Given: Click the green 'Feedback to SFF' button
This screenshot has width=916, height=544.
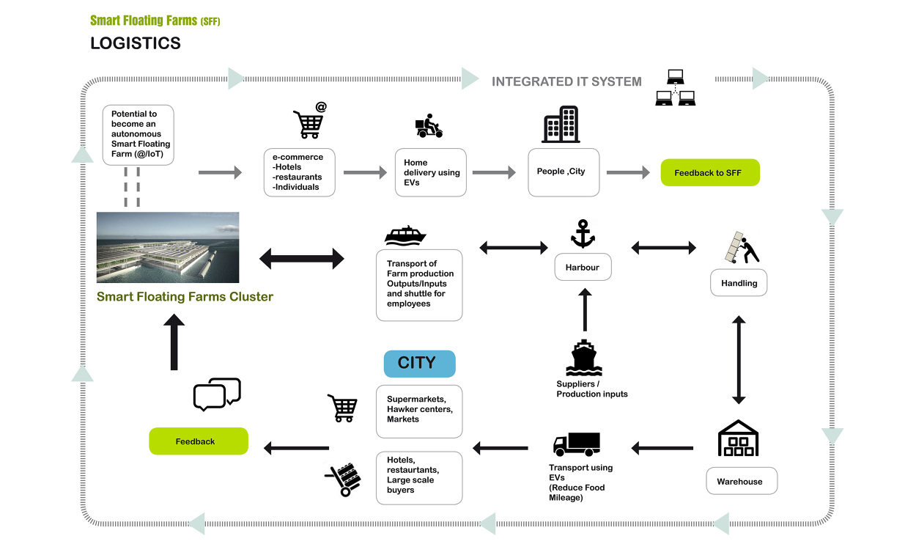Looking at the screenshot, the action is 710,172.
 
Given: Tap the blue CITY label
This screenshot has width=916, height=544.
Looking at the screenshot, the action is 420,364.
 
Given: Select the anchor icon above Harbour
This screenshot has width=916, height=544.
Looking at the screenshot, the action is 583,234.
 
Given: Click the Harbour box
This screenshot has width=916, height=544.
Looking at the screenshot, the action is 583,267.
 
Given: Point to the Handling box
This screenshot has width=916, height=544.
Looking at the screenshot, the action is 739,283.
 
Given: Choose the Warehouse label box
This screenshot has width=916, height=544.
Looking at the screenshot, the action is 742,481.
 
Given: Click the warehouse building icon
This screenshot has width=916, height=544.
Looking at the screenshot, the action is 738,438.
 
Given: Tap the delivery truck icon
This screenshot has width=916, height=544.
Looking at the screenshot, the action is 577,444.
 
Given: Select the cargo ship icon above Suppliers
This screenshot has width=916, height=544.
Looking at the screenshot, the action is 584,358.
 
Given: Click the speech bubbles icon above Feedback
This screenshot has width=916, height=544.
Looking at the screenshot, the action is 217,394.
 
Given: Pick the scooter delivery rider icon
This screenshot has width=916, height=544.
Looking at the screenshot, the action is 429,126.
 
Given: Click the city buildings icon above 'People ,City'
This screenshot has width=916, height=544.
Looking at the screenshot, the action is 561,125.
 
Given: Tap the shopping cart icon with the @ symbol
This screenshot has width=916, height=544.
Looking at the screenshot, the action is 309,120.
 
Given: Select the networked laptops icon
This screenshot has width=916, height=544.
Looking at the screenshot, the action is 675,87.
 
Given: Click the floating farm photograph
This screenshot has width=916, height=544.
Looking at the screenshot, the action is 168,247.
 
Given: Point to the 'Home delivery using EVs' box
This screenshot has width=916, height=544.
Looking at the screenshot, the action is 431,172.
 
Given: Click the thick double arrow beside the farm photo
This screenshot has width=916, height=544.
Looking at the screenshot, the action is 302,259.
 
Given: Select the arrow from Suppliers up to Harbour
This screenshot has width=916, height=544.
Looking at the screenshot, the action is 585,309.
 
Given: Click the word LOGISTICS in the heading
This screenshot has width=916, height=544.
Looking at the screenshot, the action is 136,43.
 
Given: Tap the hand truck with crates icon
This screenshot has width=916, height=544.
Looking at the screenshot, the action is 343,479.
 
